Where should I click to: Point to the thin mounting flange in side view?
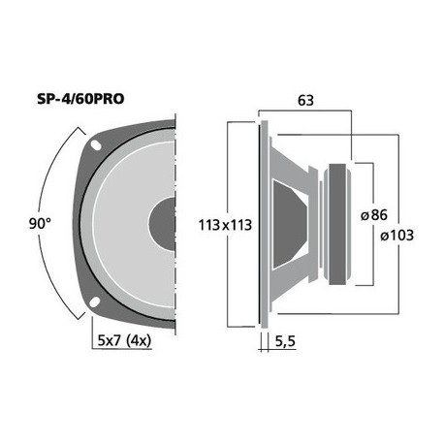[262, 223]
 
